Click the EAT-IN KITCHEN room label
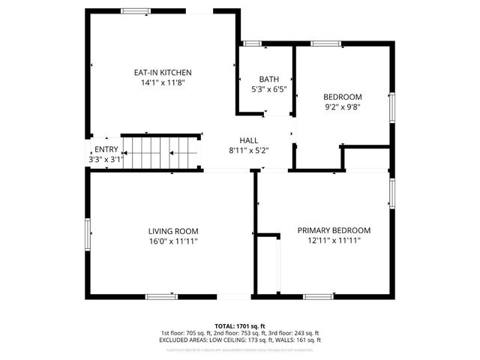[x=163, y=73]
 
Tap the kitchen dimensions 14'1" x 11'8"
[x=163, y=83]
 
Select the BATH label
[x=268, y=79]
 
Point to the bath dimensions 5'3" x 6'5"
[x=268, y=90]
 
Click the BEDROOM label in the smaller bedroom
[x=342, y=97]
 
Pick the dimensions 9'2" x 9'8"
[x=342, y=107]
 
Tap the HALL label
[x=248, y=140]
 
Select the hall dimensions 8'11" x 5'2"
[x=248, y=151]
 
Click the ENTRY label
[x=106, y=149]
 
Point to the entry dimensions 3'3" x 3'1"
[x=106, y=159]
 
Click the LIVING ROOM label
[x=172, y=231]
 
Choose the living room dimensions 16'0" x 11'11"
[x=172, y=241]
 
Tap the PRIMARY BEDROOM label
[x=334, y=231]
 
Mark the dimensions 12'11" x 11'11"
[x=334, y=241]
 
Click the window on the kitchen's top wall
[x=136, y=10]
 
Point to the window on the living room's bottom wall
[x=160, y=297]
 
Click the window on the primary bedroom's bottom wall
[x=318, y=297]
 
